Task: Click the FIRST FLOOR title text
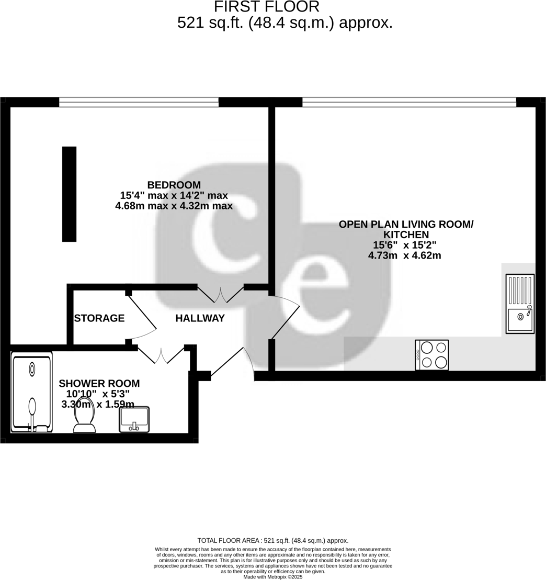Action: pos(267,7)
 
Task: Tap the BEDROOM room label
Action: pos(174,185)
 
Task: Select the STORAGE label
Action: pos(99,318)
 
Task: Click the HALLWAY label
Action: pos(200,318)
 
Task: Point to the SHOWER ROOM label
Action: pos(99,384)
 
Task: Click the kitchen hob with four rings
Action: pos(431,355)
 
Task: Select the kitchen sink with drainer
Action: pos(520,304)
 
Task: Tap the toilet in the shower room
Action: pos(84,416)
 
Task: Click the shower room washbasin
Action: pos(134,419)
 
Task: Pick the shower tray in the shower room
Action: pos(32,392)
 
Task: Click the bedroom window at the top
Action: pos(139,102)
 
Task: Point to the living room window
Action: pos(409,102)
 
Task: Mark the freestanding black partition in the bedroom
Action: pos(69,194)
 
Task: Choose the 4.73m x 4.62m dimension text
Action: pos(404,256)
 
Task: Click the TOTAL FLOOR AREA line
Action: pos(272,541)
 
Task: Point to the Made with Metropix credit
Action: pos(272,577)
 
